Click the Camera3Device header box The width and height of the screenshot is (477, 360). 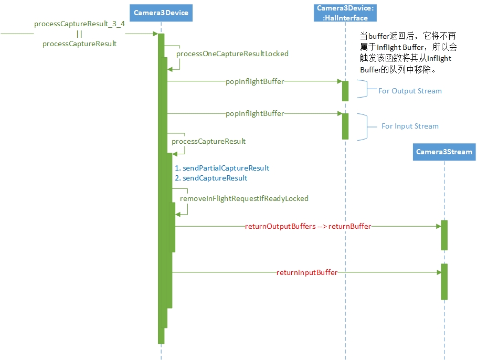pos(161,13)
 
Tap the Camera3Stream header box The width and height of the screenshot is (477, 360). pos(444,152)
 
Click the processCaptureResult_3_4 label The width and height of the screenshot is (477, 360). pos(79,24)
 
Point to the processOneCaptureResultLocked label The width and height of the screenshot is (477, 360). pos(232,54)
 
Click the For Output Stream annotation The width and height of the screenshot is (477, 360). pos(410,91)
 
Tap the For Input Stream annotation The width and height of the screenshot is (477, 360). pos(410,126)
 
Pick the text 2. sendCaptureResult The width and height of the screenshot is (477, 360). pos(211,178)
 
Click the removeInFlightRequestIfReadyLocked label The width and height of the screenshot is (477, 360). pos(244,198)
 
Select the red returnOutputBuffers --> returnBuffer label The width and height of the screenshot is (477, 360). pos(308,226)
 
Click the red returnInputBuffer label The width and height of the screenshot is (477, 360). pos(307,272)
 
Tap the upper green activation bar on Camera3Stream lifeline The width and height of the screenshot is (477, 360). pos(444,235)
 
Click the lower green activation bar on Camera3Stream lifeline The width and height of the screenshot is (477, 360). pos(444,281)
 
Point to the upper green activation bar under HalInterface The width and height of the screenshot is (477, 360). pos(345,91)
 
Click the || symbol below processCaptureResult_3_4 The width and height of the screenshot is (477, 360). pos(79,34)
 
